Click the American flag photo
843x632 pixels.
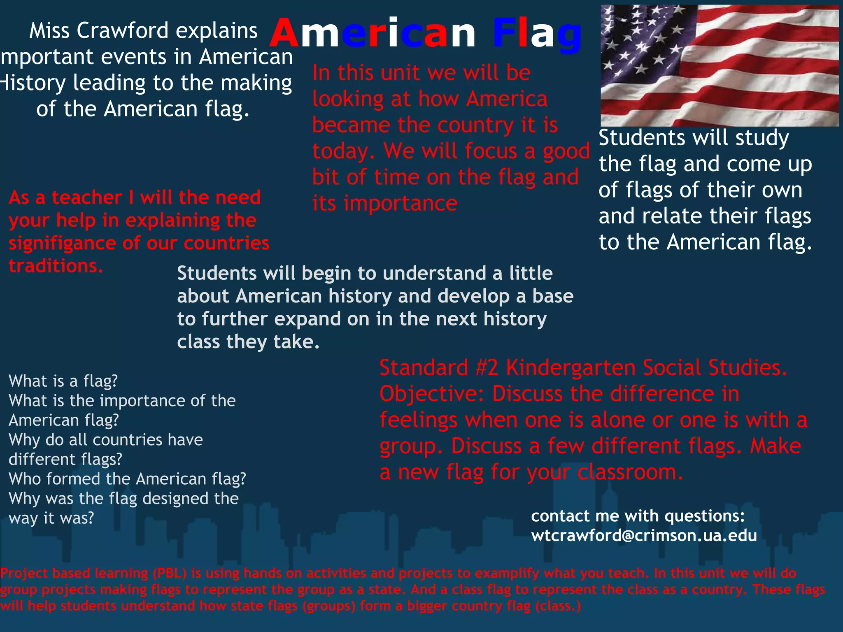[x=720, y=65]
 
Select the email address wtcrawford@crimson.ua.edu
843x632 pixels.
[x=644, y=535]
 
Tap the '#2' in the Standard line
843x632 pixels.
[x=487, y=367]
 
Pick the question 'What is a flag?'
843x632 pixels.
[x=63, y=381]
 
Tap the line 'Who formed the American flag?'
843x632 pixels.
[x=127, y=479]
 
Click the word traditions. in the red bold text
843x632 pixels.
[x=56, y=266]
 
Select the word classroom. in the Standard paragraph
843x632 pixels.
[x=630, y=472]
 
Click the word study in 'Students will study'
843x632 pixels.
[x=762, y=138]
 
